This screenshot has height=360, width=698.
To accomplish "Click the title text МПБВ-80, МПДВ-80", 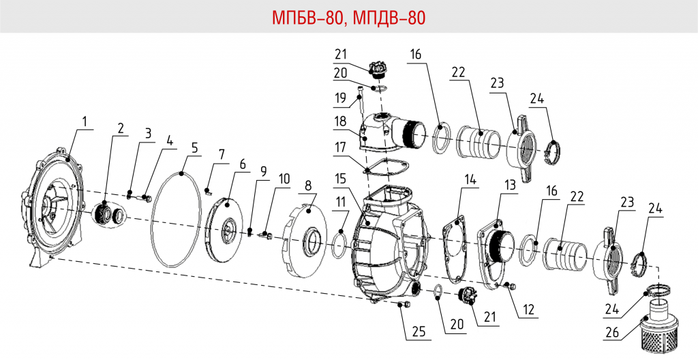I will (348, 17).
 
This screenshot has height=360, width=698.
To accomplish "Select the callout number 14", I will (469, 179).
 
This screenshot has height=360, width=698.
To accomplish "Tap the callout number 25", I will (418, 332).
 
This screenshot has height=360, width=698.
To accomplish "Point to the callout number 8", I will (308, 185).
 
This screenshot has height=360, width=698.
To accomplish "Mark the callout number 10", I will (284, 179).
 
